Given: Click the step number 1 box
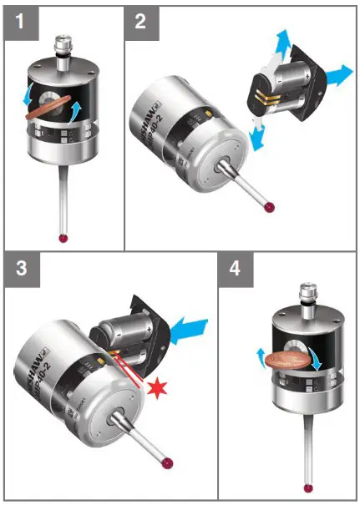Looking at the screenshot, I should tap(23, 25).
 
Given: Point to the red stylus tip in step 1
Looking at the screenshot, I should tap(64, 238).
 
